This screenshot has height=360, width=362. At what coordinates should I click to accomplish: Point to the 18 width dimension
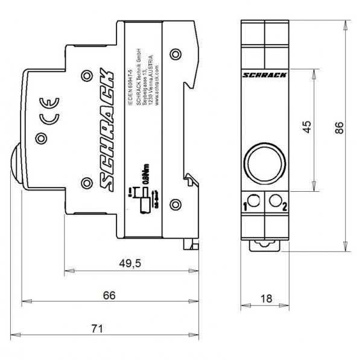[x=265, y=298]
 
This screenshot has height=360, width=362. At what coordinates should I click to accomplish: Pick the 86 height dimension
[x=341, y=128]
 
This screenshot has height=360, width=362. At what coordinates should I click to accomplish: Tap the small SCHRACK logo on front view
[x=265, y=74]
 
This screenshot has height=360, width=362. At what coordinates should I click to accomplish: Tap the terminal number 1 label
[x=245, y=208]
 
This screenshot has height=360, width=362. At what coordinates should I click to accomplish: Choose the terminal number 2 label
[x=285, y=208]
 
